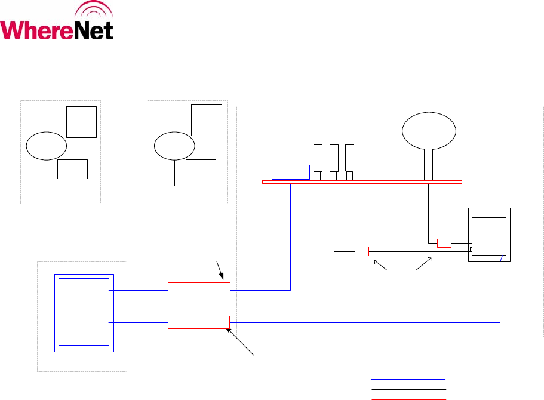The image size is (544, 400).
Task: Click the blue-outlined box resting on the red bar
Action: [x=291, y=171]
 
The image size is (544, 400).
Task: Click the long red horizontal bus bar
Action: [x=362, y=181]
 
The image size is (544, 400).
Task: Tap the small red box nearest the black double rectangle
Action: [x=444, y=243]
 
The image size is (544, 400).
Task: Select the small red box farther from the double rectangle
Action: [x=362, y=251]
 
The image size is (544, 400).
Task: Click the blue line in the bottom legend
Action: [x=408, y=379]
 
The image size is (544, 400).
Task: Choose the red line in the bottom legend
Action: [x=408, y=389]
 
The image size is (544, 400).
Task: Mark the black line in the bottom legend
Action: [x=408, y=398]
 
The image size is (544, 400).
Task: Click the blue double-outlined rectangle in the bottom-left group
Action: [x=83, y=311]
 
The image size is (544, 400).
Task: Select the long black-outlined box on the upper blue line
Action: [x=199, y=290]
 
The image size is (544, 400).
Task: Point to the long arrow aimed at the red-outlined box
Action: [x=242, y=342]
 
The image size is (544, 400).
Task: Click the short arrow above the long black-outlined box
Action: [x=220, y=269]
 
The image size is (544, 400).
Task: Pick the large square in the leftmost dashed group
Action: [x=81, y=122]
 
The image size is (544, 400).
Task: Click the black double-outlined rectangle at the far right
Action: [x=489, y=235]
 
